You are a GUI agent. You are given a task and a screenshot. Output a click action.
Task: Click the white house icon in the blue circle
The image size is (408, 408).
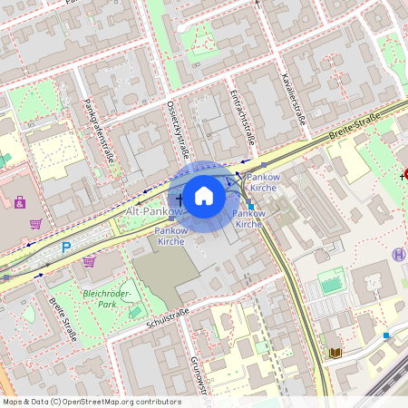click(x=204, y=195)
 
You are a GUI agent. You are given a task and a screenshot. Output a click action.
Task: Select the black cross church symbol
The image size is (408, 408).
click(x=179, y=199)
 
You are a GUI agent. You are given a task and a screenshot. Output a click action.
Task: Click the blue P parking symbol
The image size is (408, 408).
click(x=65, y=247)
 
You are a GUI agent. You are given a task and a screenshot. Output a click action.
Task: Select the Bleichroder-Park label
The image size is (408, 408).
click(x=107, y=300)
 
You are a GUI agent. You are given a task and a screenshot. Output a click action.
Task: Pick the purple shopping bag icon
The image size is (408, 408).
click(x=19, y=201)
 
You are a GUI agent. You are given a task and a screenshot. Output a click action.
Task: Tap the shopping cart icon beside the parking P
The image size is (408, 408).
click(x=89, y=260)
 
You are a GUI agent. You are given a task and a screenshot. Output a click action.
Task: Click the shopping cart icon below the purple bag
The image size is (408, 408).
click(x=35, y=223)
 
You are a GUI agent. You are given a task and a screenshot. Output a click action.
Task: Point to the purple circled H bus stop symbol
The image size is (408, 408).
click(x=398, y=255)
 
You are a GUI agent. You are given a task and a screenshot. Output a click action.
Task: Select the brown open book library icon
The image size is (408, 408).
click(x=335, y=352)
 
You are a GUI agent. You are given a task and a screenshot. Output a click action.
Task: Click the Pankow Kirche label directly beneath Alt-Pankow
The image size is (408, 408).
click(x=171, y=236)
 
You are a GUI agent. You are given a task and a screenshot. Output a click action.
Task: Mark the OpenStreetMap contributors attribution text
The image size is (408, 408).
click(x=91, y=402)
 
